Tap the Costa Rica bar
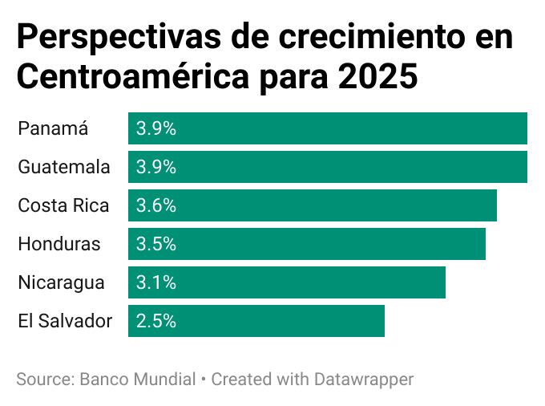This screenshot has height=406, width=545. pyautogui.click(x=313, y=205)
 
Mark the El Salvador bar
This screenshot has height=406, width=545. pyautogui.click(x=256, y=321)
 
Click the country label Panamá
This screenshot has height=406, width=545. pyautogui.click(x=53, y=128)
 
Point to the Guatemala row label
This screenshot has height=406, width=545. pyautogui.click(x=64, y=167)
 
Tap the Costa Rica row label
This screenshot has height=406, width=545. pyautogui.click(x=63, y=205)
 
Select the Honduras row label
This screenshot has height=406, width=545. pyautogui.click(x=59, y=244)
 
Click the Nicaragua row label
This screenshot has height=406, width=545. pyautogui.click(x=61, y=282)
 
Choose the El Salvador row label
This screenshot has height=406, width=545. pyautogui.click(x=65, y=321)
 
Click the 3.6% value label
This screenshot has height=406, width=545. pyautogui.click(x=156, y=205)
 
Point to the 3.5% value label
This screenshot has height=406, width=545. pyautogui.click(x=156, y=244)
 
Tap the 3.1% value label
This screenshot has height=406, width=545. pyautogui.click(x=156, y=282)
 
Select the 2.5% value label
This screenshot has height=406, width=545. pyautogui.click(x=156, y=321)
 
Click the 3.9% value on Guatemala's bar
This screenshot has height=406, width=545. pyautogui.click(x=156, y=167)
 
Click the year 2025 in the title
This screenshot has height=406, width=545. pyautogui.click(x=377, y=78)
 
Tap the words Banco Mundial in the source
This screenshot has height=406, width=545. pyautogui.click(x=138, y=379)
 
